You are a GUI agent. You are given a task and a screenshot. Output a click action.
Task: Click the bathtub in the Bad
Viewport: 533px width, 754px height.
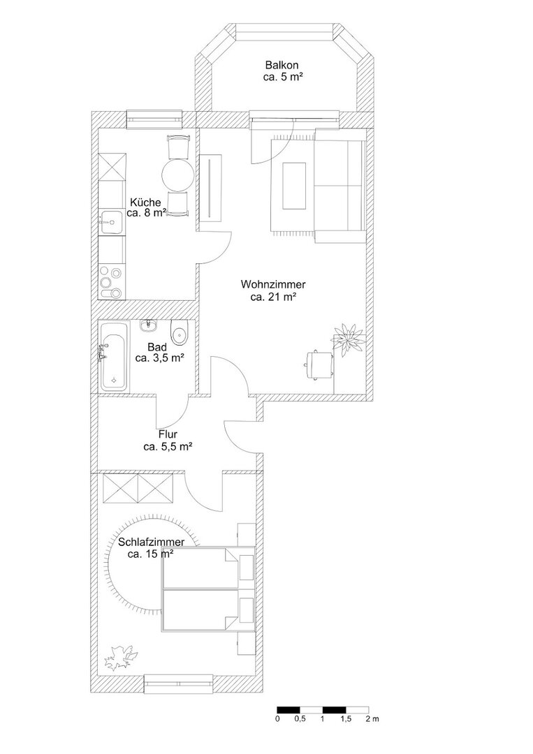coord(115,356)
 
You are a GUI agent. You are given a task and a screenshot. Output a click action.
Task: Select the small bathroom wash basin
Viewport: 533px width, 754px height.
coord(149,326)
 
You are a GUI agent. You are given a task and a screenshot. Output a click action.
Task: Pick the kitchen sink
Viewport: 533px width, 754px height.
coord(112,223)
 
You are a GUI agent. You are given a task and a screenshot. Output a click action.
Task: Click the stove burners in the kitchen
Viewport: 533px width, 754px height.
coord(112,283)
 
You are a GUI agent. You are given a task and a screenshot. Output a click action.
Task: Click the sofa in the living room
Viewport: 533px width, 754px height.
coord(340,186)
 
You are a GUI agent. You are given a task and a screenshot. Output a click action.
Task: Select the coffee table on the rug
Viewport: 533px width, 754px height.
coord(294,186)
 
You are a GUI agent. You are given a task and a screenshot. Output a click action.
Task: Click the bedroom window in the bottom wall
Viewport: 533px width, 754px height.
coord(179,683)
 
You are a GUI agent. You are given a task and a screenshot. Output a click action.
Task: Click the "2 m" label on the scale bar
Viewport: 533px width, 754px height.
coord(372,719)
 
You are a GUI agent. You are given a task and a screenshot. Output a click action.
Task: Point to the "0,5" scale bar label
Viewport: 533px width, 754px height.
coord(300,719)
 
